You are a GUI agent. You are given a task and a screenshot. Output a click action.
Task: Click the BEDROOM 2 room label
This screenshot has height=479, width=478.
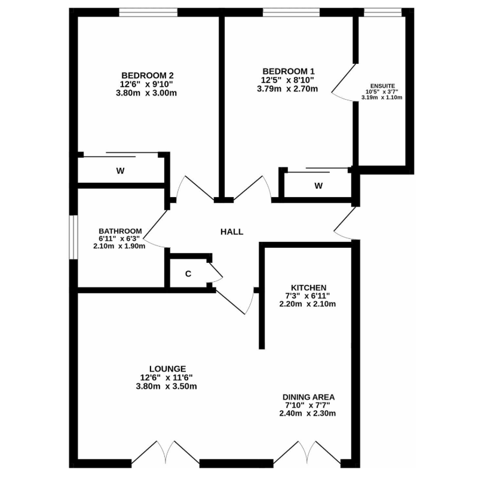[x=148, y=75]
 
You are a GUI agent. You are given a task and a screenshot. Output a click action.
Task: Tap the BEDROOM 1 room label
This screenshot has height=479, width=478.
[x=289, y=72]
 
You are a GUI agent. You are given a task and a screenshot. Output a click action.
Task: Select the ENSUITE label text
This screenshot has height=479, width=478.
[x=382, y=86]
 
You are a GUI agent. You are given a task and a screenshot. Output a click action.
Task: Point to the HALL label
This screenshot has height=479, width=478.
[x=232, y=232]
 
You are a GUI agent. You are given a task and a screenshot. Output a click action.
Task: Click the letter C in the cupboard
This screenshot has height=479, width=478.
[x=188, y=274]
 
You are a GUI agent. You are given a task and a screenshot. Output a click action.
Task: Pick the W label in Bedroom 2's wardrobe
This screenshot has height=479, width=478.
[x=120, y=171]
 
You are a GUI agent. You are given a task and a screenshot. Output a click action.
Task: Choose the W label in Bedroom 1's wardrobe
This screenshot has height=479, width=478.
[x=318, y=186]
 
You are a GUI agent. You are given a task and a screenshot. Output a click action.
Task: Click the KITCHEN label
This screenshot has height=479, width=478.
[x=308, y=288]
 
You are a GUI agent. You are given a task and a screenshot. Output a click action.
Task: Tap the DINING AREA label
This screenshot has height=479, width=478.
[x=308, y=397]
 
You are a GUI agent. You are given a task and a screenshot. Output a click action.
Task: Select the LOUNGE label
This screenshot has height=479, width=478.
[x=167, y=369]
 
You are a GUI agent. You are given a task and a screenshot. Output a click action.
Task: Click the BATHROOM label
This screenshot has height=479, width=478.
[x=120, y=231]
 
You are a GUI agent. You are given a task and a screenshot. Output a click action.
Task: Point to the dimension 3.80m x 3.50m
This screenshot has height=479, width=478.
[x=166, y=386]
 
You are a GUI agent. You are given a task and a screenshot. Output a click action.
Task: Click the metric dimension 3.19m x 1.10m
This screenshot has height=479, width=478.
[x=382, y=98]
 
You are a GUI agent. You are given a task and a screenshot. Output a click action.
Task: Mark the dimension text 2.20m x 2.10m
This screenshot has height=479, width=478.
[x=308, y=304]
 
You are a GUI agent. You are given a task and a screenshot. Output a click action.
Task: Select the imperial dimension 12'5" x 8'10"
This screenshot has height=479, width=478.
[x=287, y=80]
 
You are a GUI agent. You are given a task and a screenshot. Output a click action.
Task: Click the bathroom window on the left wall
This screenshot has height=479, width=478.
[x=73, y=237]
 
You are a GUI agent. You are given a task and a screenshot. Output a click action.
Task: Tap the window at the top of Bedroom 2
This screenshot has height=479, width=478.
[x=148, y=12]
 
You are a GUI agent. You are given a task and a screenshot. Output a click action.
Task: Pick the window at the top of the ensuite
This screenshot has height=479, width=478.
[x=382, y=12]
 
